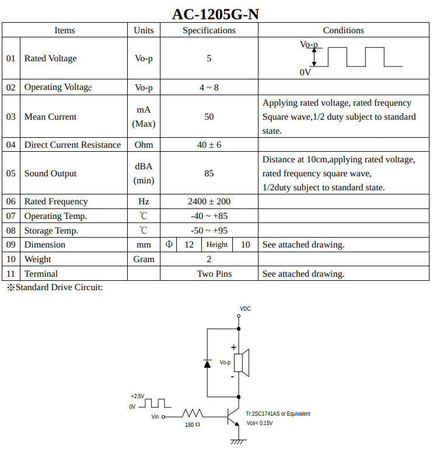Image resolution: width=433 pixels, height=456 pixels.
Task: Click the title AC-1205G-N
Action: pyautogui.click(x=215, y=14)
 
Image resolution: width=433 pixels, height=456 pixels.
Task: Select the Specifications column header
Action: pyautogui.click(x=209, y=30)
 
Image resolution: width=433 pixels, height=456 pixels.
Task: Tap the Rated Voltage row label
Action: pyautogui.click(x=51, y=58)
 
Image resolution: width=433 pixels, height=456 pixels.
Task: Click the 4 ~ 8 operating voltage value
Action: pyautogui.click(x=209, y=87)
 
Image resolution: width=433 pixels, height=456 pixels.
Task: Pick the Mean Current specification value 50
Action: pyautogui.click(x=209, y=117)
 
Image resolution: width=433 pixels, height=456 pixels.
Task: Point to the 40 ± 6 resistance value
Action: pyautogui.click(x=209, y=145)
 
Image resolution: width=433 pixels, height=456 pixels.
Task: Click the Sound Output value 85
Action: pyautogui.click(x=209, y=173)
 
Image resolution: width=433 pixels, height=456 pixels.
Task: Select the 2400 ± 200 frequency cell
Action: pyautogui.click(x=209, y=201)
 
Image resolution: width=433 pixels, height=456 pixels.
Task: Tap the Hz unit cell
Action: pyautogui.click(x=144, y=201)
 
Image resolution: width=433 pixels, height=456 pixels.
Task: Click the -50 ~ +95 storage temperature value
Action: pyautogui.click(x=209, y=230)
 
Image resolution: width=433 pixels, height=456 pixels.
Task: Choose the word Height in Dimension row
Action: pyautogui.click(x=216, y=245)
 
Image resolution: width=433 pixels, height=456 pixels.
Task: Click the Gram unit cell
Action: pyautogui.click(x=144, y=259)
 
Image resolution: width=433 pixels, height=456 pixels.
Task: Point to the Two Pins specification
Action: pyautogui.click(x=215, y=274)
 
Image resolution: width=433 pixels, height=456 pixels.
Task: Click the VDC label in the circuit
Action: pyautogui.click(x=245, y=308)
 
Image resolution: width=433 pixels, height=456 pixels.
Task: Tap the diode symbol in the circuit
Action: pyautogui.click(x=207, y=364)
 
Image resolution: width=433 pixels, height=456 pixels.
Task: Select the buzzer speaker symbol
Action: pyautogui.click(x=242, y=363)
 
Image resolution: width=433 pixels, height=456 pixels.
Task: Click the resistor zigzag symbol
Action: pyautogui.click(x=193, y=413)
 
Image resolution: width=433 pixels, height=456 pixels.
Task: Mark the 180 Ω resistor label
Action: pyautogui.click(x=193, y=424)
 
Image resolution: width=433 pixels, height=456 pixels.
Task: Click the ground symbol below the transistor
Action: pyautogui.click(x=239, y=442)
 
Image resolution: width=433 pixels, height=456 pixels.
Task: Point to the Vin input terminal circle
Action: pyautogui.click(x=163, y=417)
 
